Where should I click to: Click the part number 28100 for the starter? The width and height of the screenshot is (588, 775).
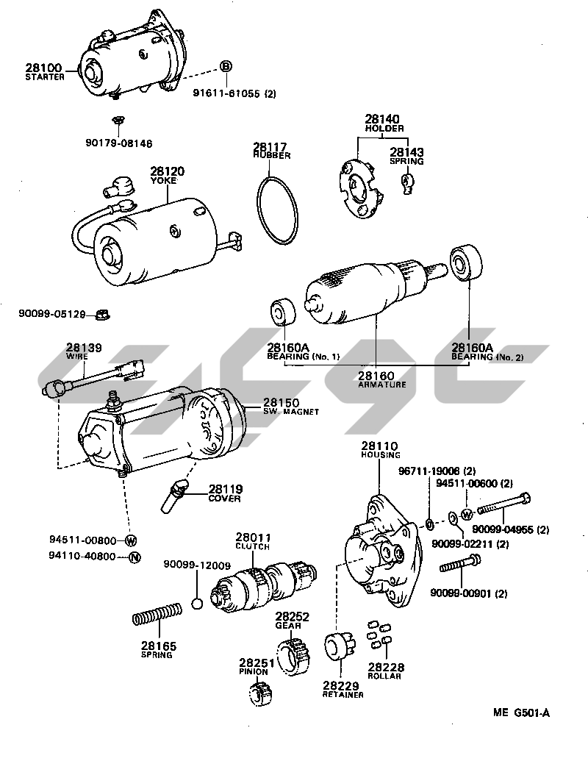43,68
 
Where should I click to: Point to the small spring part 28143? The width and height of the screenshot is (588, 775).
406,182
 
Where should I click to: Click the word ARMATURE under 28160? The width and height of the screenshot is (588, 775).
381,385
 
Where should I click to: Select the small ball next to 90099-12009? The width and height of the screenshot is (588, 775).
196,604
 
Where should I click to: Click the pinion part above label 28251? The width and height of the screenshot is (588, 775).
262,693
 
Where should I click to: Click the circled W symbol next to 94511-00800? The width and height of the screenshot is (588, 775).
132,540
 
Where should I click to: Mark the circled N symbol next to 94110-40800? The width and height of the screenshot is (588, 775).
134,557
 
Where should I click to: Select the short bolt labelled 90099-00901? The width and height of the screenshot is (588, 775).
460,565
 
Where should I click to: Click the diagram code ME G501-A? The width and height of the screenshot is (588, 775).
521,712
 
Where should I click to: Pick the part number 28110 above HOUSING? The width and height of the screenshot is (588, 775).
379,446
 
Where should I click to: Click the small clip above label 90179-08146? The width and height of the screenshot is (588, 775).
117,119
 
